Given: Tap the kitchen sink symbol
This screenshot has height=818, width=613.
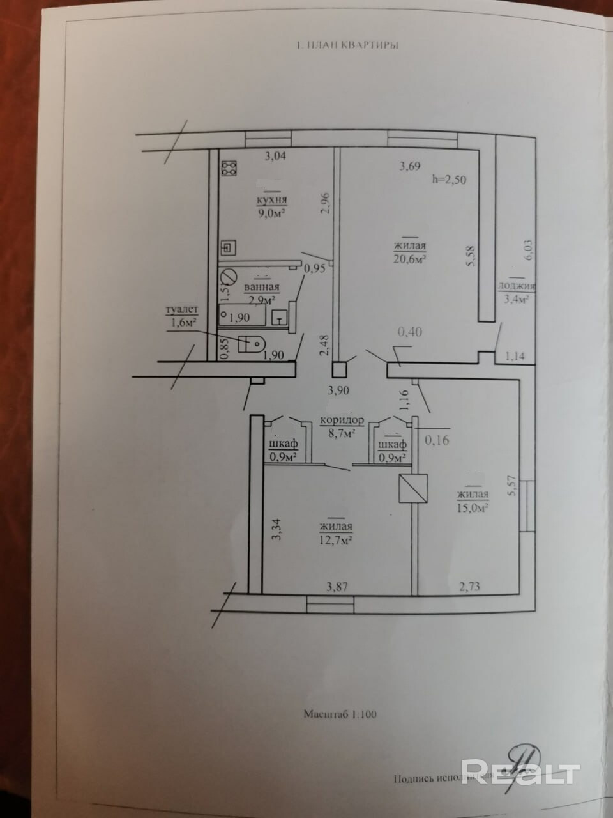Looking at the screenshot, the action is pyautogui.click(x=229, y=247).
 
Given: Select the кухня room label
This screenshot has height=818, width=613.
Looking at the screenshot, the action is pyautogui.click(x=269, y=201).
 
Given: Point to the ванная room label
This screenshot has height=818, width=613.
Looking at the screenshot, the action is pyautogui.click(x=262, y=288).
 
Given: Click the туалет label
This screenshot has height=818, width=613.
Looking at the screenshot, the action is pyautogui.click(x=183, y=311).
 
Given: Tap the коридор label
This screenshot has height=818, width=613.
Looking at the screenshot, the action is pyautogui.click(x=342, y=421).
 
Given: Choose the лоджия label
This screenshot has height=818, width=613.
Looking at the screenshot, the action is pyautogui.click(x=517, y=287).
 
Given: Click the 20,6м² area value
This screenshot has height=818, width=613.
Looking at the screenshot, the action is pyautogui.click(x=410, y=258).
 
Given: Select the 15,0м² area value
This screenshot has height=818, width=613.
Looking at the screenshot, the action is pyautogui.click(x=473, y=507).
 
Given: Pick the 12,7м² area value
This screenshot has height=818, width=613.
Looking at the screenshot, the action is pyautogui.click(x=336, y=539).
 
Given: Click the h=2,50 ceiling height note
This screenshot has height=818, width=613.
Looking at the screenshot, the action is pyautogui.click(x=450, y=180).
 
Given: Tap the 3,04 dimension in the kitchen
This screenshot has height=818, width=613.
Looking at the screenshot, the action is pyautogui.click(x=276, y=154).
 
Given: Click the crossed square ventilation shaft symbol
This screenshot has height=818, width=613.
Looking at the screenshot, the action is pyautogui.click(x=412, y=488).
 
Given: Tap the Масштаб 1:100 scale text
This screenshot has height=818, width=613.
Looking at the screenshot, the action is pyautogui.click(x=340, y=714).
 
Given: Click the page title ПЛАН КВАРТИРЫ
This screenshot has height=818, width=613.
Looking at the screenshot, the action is pyautogui.click(x=349, y=46).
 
